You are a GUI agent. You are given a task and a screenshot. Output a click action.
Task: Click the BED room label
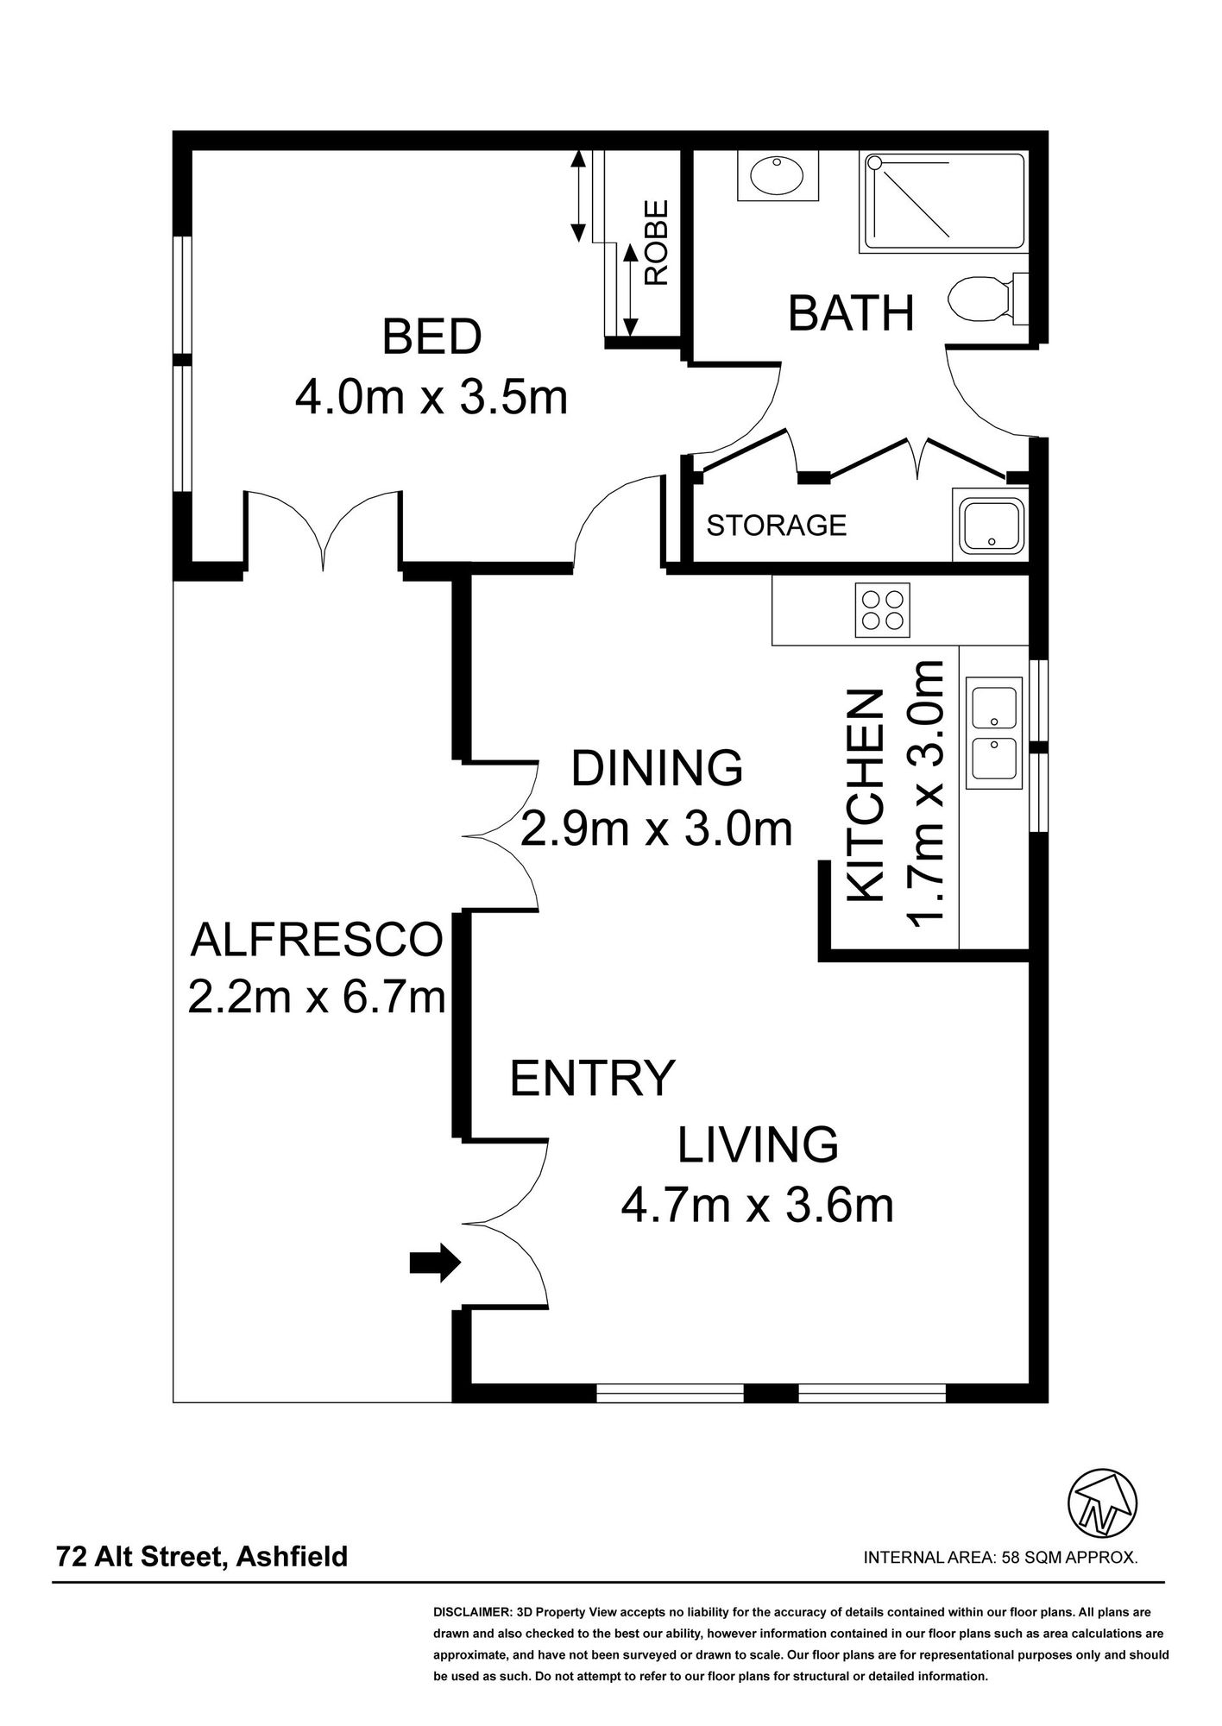tap(431, 337)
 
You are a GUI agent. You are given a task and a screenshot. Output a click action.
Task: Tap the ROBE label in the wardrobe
tap(657, 243)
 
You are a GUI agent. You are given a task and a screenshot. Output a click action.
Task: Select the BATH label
tap(851, 313)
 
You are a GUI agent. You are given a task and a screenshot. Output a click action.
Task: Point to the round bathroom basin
tap(777, 176)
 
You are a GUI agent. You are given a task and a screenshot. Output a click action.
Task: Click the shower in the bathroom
tap(943, 202)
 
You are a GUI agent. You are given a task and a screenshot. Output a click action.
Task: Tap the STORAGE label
tap(776, 525)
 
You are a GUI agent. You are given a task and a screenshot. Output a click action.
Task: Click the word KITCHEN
tap(866, 796)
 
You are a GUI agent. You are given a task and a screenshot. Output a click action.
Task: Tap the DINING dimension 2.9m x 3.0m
tap(657, 830)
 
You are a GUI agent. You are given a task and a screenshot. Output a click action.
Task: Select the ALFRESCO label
tap(316, 940)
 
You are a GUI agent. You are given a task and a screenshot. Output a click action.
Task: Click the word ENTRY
tap(591, 1078)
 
